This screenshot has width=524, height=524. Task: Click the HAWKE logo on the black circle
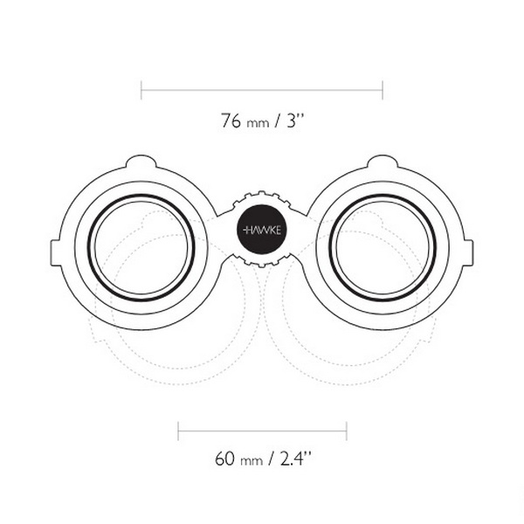262,231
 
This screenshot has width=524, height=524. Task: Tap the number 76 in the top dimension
231,121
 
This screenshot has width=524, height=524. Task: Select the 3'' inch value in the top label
295,121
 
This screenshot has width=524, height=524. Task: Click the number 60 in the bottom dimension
224,458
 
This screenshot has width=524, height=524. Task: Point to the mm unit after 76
258,124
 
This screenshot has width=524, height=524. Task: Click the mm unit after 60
252,461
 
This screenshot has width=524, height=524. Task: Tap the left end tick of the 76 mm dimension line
141,90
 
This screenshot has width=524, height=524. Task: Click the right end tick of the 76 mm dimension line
383,90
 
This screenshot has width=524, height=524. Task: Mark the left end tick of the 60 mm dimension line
178,431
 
